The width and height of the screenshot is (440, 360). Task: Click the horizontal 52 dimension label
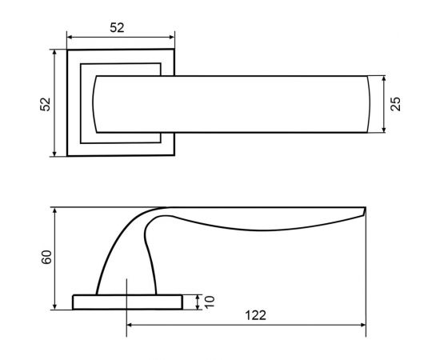tap(117, 28)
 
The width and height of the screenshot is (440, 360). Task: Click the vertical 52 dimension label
tap(45, 104)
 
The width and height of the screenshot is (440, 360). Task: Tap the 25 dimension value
tap(396, 104)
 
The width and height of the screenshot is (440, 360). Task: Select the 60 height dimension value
tap(46, 257)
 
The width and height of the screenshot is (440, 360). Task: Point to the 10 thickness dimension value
tap(210, 302)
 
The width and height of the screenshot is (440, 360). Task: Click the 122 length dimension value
tap(255, 315)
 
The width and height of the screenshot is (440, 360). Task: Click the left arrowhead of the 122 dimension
tap(130, 325)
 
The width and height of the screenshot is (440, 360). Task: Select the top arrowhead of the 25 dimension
tap(384, 78)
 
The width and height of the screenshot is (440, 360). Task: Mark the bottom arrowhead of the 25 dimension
tap(384, 130)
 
